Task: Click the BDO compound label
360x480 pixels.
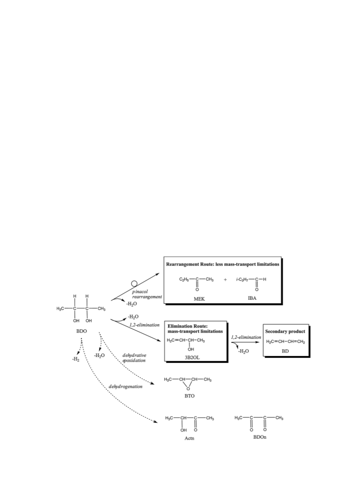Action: (81, 331)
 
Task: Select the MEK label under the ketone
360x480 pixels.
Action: (199, 299)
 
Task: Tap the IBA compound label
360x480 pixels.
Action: (252, 298)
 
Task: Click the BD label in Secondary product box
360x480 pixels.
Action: (285, 351)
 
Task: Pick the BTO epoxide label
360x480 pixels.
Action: (189, 396)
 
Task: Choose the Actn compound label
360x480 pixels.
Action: (189, 438)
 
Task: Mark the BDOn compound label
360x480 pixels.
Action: (260, 437)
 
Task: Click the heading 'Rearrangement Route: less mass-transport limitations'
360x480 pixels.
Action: (222, 264)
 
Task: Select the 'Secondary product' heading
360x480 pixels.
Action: (285, 331)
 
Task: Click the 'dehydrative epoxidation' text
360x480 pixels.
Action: (134, 358)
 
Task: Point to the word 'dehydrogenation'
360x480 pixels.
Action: (125, 386)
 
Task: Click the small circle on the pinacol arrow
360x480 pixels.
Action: (134, 284)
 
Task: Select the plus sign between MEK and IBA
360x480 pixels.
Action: (225, 279)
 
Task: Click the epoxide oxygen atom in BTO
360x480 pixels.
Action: (188, 389)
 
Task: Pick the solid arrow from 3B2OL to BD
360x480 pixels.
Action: (245, 342)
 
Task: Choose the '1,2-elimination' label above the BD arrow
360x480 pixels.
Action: (246, 337)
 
